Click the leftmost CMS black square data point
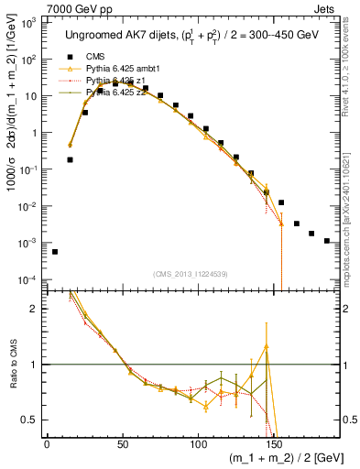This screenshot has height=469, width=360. coord(55,252)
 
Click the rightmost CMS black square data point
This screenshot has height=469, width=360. coord(327,241)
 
